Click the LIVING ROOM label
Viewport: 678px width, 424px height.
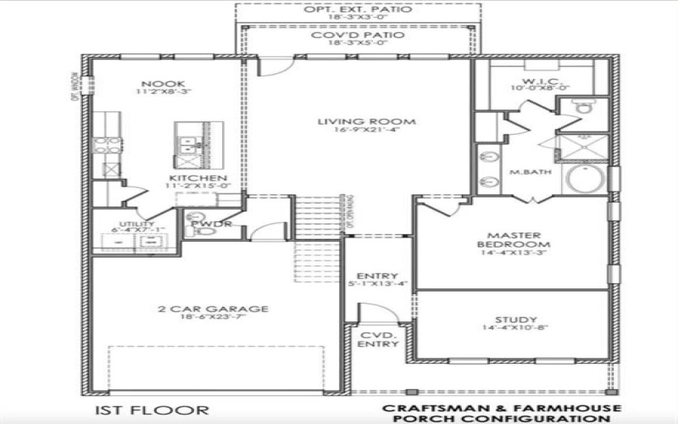point(352,122)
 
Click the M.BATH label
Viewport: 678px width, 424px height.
point(525,172)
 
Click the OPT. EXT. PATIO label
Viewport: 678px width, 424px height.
point(358,9)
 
